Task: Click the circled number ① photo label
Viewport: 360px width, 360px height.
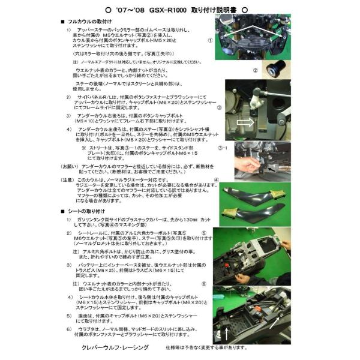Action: (210, 41)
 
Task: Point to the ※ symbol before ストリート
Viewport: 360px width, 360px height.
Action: (83, 146)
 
